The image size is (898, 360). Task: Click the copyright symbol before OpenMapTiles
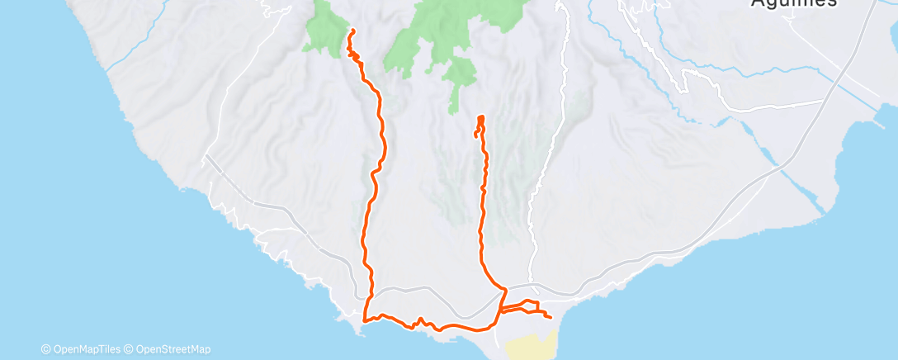[45, 349]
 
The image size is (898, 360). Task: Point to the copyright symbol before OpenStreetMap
[130, 349]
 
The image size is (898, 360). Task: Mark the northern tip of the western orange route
[353, 31]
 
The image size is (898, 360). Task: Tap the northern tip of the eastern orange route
[480, 117]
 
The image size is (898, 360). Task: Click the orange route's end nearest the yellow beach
[550, 316]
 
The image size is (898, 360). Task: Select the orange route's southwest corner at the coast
[365, 320]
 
